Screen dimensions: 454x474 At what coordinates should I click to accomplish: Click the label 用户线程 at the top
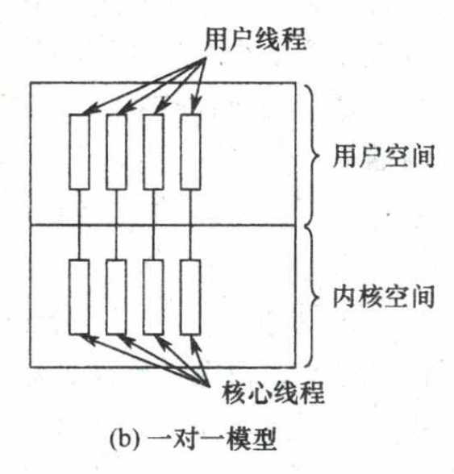click(255, 39)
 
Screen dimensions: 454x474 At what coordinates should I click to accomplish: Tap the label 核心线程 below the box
click(273, 392)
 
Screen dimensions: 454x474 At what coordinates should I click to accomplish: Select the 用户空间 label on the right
click(384, 156)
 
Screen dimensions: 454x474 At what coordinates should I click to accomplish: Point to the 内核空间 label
click(384, 297)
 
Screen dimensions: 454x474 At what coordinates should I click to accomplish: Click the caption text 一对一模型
click(212, 439)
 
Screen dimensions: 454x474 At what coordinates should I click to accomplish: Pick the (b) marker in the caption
click(125, 439)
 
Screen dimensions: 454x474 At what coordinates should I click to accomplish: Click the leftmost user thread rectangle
click(79, 152)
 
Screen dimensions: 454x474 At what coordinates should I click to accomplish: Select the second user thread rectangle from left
click(116, 152)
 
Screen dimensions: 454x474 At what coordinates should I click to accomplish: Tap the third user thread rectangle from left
click(154, 152)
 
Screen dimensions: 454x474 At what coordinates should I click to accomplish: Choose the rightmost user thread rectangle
click(190, 152)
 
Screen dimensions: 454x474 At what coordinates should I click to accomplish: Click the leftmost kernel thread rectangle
click(79, 297)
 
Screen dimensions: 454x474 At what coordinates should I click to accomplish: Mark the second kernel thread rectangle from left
click(116, 297)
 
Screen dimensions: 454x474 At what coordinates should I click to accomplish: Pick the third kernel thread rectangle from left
click(154, 297)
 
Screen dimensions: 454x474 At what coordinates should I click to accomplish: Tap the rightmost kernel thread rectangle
click(190, 297)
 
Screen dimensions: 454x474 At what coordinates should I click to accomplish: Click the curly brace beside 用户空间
click(311, 155)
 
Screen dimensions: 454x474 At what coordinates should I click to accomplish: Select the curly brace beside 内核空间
click(311, 297)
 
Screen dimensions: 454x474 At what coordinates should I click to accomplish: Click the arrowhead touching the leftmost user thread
click(90, 110)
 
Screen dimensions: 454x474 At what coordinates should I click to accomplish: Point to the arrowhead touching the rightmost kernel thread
click(195, 344)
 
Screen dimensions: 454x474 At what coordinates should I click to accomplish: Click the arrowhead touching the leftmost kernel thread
click(89, 339)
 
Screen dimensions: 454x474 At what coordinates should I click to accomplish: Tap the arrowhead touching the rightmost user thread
click(196, 104)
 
